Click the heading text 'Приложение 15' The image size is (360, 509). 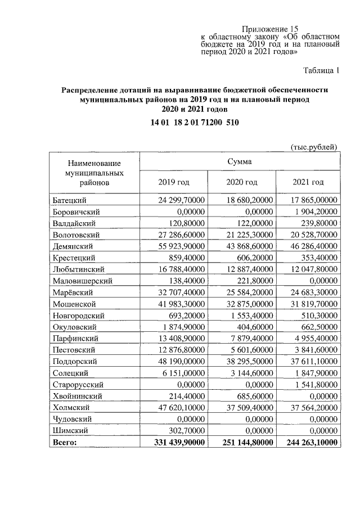270,29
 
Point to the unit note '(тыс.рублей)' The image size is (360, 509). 313,147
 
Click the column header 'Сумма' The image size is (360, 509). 240,161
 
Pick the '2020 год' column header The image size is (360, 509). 241,182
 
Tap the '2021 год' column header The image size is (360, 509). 308,182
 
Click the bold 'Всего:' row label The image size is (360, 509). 65,442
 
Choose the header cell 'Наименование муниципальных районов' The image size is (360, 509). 93,172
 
